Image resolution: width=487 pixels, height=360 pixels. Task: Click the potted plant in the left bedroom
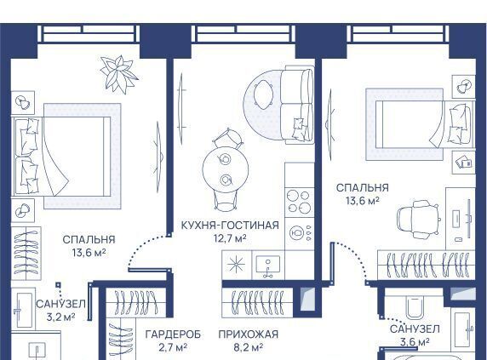pyautogui.click(x=118, y=75)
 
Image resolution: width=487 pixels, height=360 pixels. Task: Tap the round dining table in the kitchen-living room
pyautogui.click(x=226, y=169)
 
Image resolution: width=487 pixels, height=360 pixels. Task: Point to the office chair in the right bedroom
pyautogui.click(x=418, y=220)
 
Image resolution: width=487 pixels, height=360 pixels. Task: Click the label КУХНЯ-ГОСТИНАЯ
pyautogui.click(x=230, y=226)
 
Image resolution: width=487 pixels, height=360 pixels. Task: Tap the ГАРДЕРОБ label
pyautogui.click(x=173, y=334)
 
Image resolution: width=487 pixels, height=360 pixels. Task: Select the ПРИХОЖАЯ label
pyautogui.click(x=249, y=334)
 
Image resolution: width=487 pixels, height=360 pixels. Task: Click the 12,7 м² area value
pyautogui.click(x=230, y=238)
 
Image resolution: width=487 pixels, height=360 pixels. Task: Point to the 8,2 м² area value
pyautogui.click(x=249, y=347)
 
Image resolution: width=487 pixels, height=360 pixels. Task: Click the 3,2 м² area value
pyautogui.click(x=60, y=317)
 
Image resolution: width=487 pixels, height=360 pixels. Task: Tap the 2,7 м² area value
pyautogui.click(x=173, y=347)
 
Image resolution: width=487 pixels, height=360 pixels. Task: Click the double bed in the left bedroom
pyautogui.click(x=61, y=157)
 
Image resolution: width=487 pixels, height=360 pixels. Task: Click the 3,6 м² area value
pyautogui.click(x=415, y=342)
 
